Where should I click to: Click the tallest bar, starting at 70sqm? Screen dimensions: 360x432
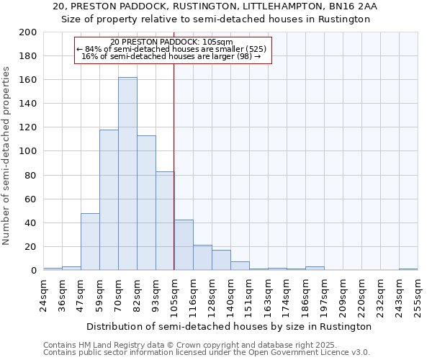coord(127,174)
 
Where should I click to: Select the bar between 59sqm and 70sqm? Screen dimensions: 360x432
coord(109,199)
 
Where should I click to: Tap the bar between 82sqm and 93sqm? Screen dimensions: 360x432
coord(146,202)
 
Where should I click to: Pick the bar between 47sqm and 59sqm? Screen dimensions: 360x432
coord(90,241)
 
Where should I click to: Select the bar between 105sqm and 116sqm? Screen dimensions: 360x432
coord(184,245)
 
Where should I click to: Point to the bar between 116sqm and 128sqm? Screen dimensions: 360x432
coord(202,258)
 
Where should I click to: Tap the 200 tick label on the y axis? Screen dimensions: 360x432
coord(28,32)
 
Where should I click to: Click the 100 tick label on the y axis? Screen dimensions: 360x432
coord(28,151)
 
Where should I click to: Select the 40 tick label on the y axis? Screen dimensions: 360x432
coord(31,222)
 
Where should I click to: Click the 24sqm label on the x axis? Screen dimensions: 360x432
coord(43,295)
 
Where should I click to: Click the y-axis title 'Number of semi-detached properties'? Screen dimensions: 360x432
coord(7,156)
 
